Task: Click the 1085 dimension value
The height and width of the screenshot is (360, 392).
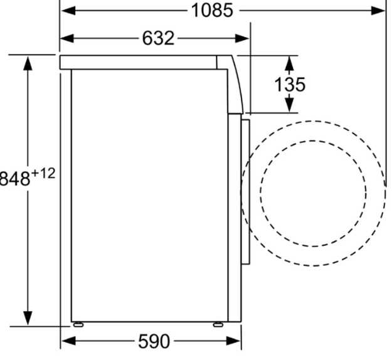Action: tap(212, 11)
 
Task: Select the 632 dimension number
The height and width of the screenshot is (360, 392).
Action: tap(158, 38)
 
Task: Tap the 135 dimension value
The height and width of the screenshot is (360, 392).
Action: tap(290, 85)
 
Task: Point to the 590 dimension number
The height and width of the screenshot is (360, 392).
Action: tap(154, 341)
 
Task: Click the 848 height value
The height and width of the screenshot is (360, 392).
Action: tap(15, 179)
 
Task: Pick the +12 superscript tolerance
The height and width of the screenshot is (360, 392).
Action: tap(43, 173)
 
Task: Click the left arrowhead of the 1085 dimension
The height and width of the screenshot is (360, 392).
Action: tap(68, 11)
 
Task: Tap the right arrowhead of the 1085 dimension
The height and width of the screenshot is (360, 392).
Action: tap(378, 11)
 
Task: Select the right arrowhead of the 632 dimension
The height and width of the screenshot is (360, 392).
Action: tap(242, 38)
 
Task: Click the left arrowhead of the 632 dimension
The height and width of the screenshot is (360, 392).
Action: tap(67, 38)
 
